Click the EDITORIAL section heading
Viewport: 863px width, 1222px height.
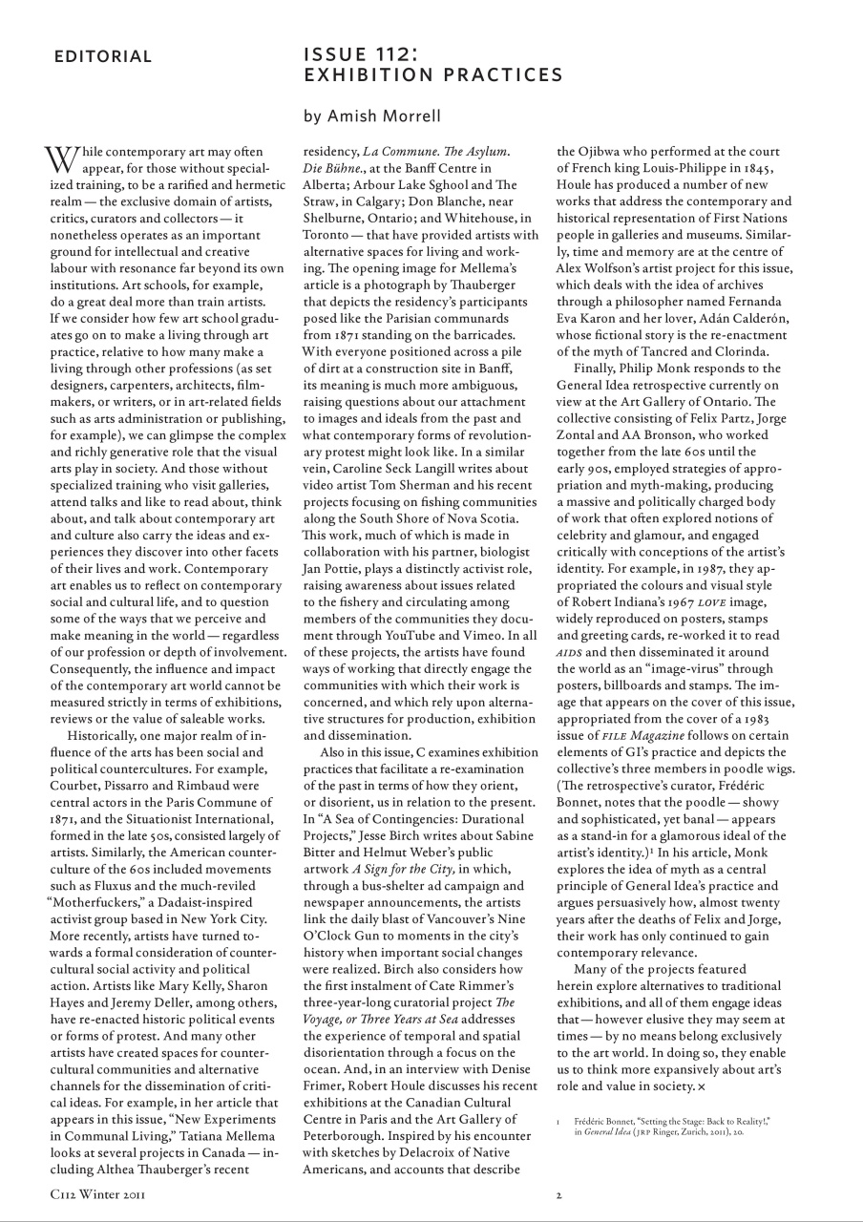pyautogui.click(x=103, y=56)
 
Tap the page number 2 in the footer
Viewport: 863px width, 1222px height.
pyautogui.click(x=559, y=1193)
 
